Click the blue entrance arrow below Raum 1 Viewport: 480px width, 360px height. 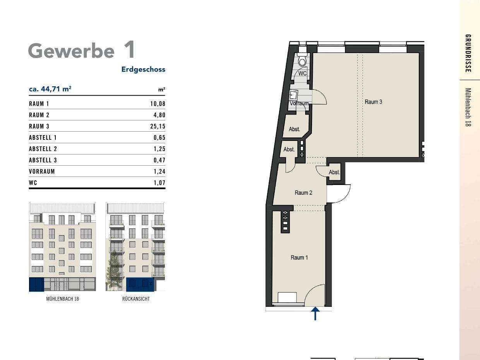point(315,314)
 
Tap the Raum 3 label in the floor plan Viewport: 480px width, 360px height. point(373,102)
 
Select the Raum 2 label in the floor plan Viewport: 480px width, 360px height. point(303,193)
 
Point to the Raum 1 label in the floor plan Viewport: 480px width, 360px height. point(299,257)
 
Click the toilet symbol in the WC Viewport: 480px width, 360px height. point(302,61)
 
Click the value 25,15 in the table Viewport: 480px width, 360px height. point(158,126)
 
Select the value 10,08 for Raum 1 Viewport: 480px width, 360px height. point(158,104)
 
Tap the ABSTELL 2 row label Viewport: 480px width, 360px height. point(43,149)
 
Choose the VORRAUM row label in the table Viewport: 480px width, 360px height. point(42,171)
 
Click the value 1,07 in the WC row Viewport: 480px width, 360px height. point(159,182)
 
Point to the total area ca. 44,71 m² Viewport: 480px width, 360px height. point(50,89)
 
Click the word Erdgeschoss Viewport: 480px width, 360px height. point(143,70)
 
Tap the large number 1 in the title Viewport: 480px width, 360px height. point(129,50)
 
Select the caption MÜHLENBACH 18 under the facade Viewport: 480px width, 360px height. point(62,299)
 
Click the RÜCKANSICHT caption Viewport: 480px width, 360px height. point(136,299)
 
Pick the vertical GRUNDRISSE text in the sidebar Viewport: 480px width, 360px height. point(468,53)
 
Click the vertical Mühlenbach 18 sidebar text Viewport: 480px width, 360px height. point(468,107)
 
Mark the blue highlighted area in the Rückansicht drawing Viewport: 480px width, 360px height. point(140,285)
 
